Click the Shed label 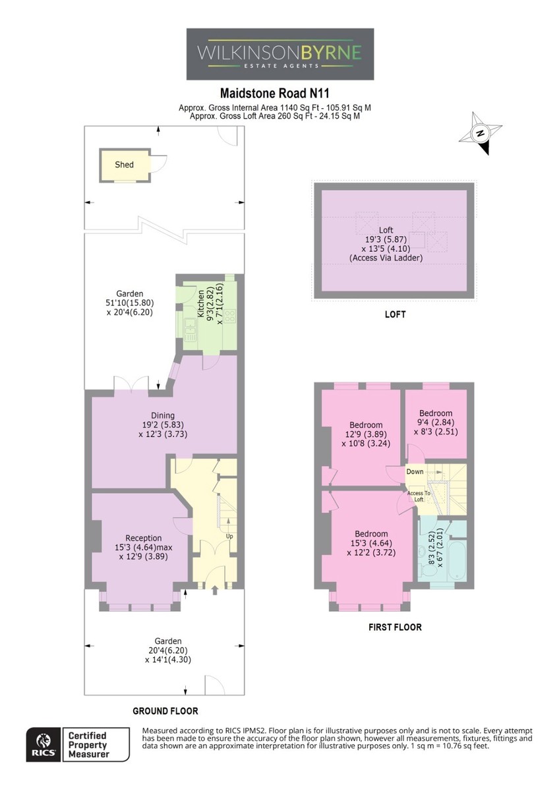pyautogui.click(x=124, y=165)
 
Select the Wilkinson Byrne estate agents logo pyautogui.click(x=280, y=54)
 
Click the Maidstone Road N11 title pyautogui.click(x=275, y=93)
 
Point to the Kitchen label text pyautogui.click(x=200, y=304)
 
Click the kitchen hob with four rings pyautogui.click(x=230, y=315)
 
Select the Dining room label pyautogui.click(x=163, y=415)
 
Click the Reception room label pyautogui.click(x=143, y=538)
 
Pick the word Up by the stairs pyautogui.click(x=229, y=536)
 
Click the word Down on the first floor pyautogui.click(x=415, y=471)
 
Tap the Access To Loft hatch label pyautogui.click(x=419, y=496)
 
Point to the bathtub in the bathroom pyautogui.click(x=457, y=560)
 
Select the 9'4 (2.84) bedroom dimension pyautogui.click(x=436, y=423)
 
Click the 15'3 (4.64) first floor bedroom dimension pyautogui.click(x=371, y=542)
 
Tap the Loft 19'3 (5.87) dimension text pyautogui.click(x=386, y=239)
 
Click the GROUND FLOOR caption pyautogui.click(x=165, y=711)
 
